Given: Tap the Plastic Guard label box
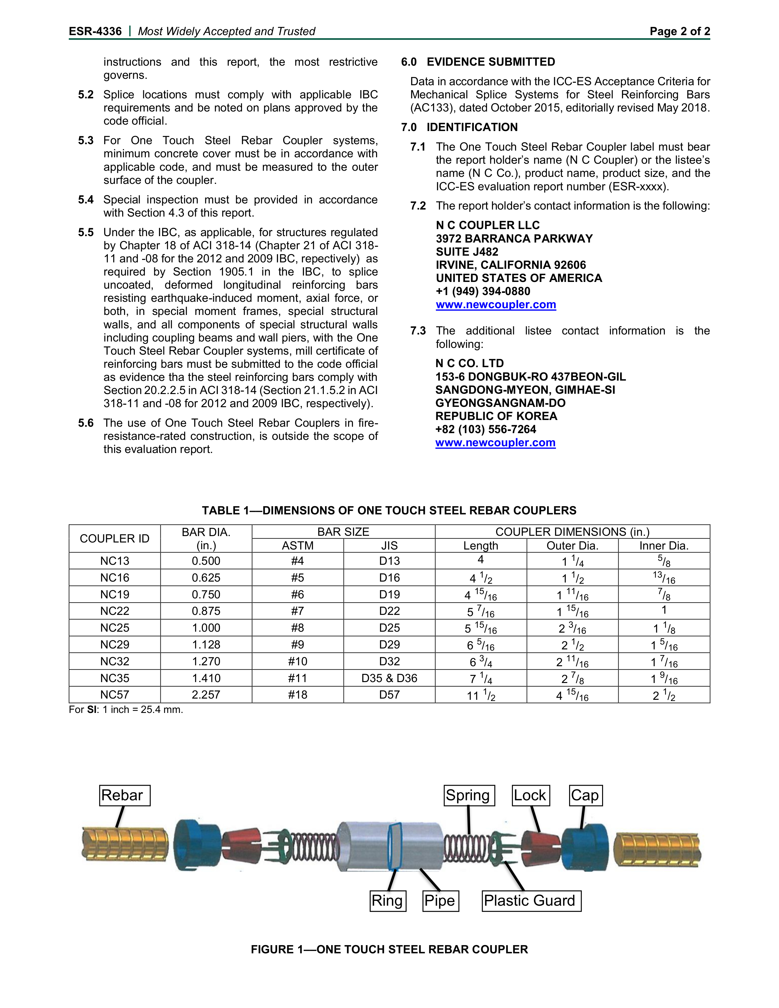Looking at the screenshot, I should click(x=531, y=900).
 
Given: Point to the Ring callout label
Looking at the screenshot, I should click(x=388, y=900).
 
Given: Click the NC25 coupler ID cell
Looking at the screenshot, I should click(x=115, y=628).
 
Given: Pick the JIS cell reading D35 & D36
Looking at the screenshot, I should click(x=389, y=678).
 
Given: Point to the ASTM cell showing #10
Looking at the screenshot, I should click(x=298, y=661).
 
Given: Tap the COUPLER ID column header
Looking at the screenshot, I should click(x=115, y=539).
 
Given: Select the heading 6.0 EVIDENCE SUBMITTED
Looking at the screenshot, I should click(x=478, y=62).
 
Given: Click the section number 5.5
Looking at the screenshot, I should click(x=86, y=232).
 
